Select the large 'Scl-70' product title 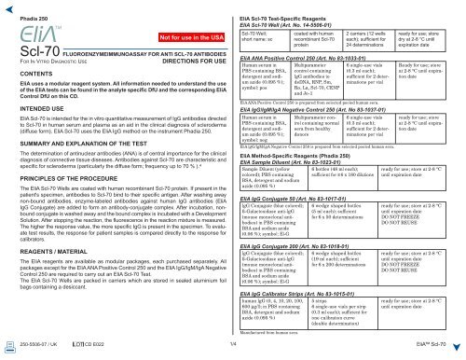(x=39, y=66)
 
